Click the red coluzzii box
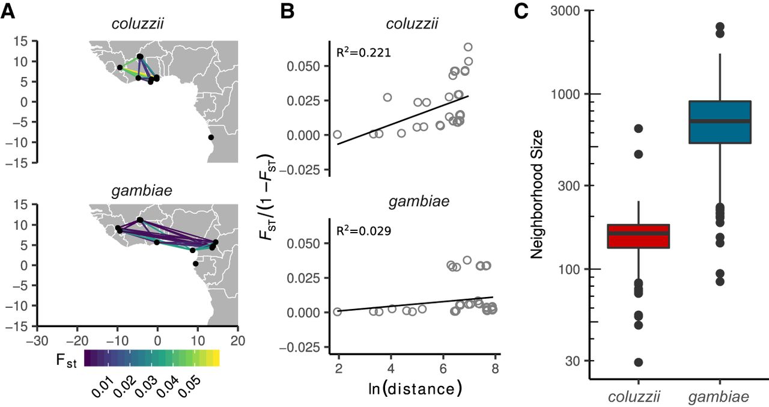pyautogui.click(x=638, y=236)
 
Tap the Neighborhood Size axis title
pyautogui.click(x=538, y=194)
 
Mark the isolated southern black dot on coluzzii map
pyautogui.click(x=211, y=138)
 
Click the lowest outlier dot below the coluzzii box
pyautogui.click(x=638, y=362)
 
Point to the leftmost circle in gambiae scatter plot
pyautogui.click(x=337, y=311)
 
